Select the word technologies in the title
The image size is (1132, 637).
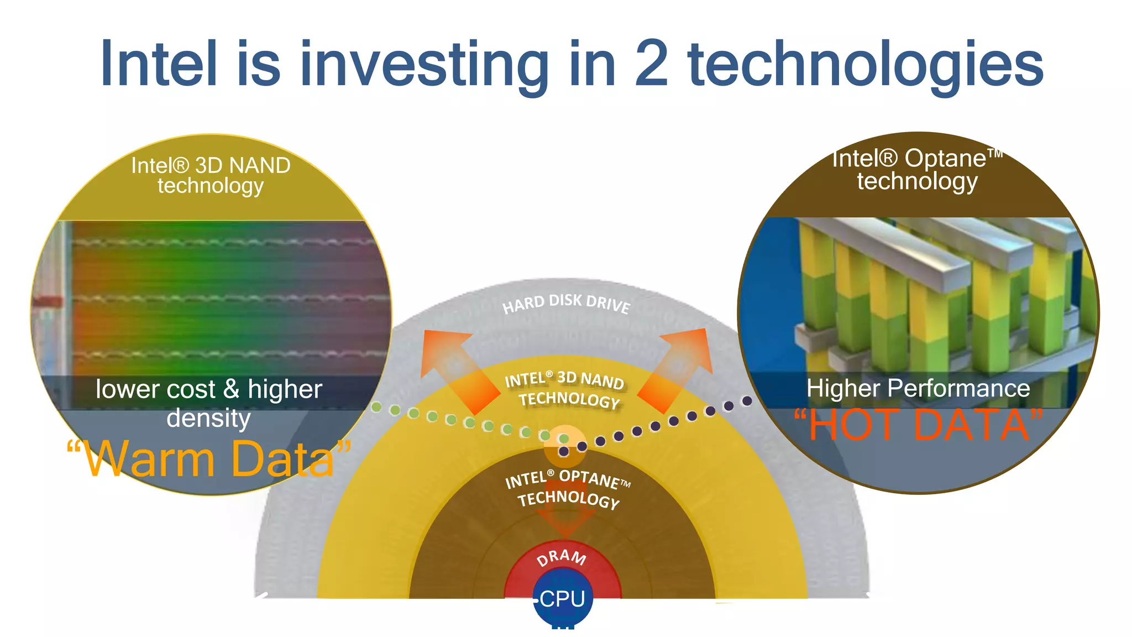tap(865, 65)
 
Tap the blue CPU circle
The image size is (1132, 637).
tap(563, 599)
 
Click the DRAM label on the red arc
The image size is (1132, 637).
tap(562, 557)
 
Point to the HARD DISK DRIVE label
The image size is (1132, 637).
tap(565, 303)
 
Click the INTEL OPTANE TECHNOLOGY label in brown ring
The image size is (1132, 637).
tap(568, 488)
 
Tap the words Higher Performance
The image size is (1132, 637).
tap(918, 388)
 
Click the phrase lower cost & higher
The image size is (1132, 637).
tap(209, 389)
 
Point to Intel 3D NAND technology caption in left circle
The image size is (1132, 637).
tap(211, 175)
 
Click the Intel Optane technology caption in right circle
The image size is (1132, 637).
tap(918, 169)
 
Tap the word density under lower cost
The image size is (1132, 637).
tap(209, 418)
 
